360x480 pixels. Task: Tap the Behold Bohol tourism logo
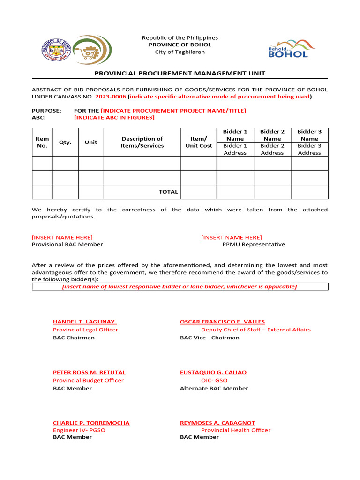tap(291, 49)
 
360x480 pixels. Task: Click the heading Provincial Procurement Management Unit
tap(180, 73)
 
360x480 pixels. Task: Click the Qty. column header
tap(65, 142)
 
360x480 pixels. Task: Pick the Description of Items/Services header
tap(142, 142)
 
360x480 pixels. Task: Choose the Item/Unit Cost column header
tap(198, 142)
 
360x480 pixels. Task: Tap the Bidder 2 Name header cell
tap(272, 135)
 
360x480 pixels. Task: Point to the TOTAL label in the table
tap(168, 192)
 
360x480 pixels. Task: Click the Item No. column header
tap(42, 142)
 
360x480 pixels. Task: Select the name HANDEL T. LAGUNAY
tap(84, 322)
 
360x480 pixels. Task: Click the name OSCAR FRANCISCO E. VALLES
tap(222, 322)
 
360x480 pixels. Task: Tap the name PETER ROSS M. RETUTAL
tap(89, 372)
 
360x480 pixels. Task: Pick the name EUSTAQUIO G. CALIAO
tap(213, 372)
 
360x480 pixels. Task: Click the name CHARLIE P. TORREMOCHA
tap(91, 423)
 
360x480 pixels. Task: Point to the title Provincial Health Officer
tap(236, 430)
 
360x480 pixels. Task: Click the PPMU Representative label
tap(253, 244)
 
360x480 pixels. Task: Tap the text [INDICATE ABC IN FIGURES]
tap(114, 117)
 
